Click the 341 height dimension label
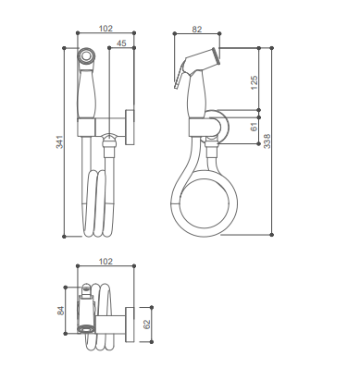tap(59, 142)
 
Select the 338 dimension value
tap(267, 141)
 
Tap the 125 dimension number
tap(254, 82)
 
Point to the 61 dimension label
tap(254, 127)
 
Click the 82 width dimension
tap(197, 29)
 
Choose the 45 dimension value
tap(121, 43)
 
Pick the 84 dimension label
tap(61, 311)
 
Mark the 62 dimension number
tap(147, 325)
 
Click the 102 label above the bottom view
tap(106, 262)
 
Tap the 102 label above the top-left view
tap(106, 29)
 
